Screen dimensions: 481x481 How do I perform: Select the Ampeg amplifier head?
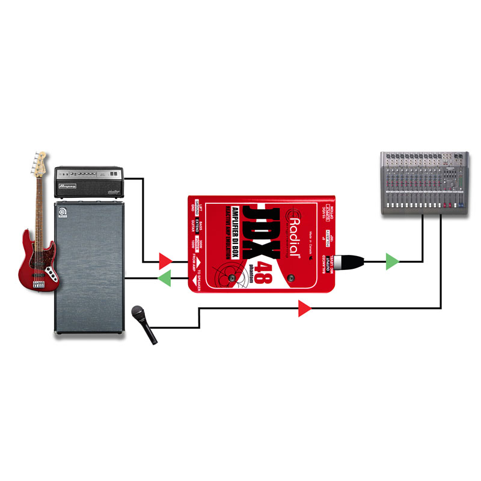[x=88, y=182]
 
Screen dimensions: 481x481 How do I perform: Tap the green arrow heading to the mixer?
[x=392, y=261]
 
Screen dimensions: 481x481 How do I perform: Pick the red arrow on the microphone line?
[x=305, y=310]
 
